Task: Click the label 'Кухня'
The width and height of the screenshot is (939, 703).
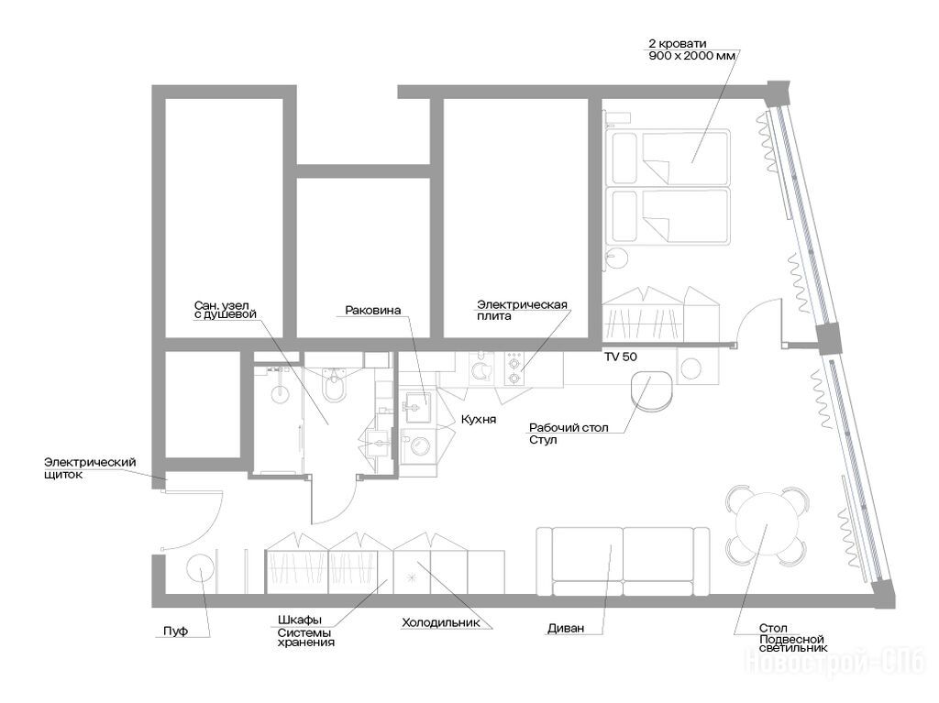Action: tap(479, 419)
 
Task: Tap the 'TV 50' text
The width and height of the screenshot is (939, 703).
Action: tap(621, 357)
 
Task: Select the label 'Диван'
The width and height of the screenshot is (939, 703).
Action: tap(566, 629)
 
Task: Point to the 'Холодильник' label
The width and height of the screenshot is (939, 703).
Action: tap(441, 622)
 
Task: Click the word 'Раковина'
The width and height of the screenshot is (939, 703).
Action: tap(372, 310)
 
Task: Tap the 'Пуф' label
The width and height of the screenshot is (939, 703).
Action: tap(175, 632)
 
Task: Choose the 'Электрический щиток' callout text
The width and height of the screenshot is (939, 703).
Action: tap(90, 468)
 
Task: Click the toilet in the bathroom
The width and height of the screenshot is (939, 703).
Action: tap(333, 384)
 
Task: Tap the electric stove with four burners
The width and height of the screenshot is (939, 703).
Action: tap(514, 368)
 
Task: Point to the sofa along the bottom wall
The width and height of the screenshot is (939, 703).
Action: tap(623, 562)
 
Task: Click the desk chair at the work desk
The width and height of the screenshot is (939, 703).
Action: tap(652, 393)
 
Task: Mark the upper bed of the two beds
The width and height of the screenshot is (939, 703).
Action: tap(668, 157)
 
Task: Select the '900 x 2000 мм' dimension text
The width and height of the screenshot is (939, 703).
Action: tap(691, 56)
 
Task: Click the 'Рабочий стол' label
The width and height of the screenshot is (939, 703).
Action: tap(569, 428)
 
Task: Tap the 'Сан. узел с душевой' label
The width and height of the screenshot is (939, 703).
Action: tap(226, 310)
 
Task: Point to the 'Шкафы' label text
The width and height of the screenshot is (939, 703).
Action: tap(300, 620)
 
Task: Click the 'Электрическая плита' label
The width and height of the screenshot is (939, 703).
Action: tap(522, 310)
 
